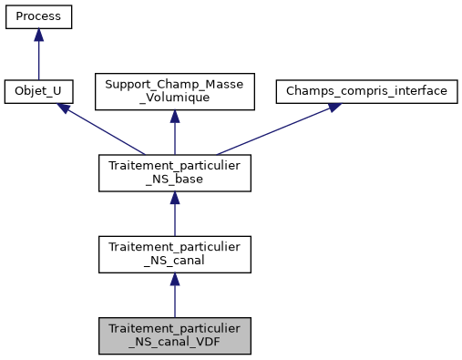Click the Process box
tap(38, 17)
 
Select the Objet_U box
tap(38, 92)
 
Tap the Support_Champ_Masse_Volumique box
tap(174, 92)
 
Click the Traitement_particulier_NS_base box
tap(174, 173)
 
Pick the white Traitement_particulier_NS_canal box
tap(174, 254)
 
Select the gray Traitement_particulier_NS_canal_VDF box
tap(174, 335)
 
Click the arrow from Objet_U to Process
tap(38, 57)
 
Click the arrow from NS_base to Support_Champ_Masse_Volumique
tap(174, 135)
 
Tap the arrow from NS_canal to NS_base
tap(174, 215)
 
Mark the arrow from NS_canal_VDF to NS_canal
tap(174, 296)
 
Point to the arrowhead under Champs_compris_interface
tap(333, 108)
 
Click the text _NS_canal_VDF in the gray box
tap(174, 343)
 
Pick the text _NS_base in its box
tap(174, 180)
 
